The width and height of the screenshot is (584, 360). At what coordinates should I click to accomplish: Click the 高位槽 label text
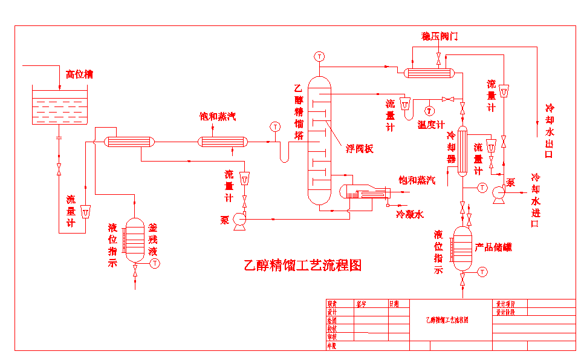click(x=79, y=74)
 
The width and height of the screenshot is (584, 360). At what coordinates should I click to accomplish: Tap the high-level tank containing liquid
click(x=59, y=106)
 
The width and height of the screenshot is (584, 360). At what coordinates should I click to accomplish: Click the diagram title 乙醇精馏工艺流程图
click(x=302, y=265)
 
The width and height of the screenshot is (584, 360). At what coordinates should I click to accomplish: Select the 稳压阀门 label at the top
click(x=439, y=36)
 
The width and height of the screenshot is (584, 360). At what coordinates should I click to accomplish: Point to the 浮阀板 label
click(x=359, y=148)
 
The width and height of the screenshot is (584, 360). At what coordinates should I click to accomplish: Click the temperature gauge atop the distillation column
click(x=319, y=56)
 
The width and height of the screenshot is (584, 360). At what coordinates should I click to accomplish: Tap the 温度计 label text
click(x=431, y=125)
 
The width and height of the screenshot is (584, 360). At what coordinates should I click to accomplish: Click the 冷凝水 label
click(x=410, y=214)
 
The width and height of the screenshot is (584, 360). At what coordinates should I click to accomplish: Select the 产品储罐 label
click(x=493, y=247)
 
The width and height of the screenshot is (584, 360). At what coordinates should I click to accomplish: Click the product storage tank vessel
click(x=462, y=250)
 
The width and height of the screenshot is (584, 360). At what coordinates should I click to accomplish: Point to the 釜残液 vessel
click(x=135, y=240)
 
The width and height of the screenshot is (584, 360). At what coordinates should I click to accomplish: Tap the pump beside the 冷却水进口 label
click(x=499, y=192)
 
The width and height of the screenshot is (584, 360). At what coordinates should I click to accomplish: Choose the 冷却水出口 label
click(x=549, y=131)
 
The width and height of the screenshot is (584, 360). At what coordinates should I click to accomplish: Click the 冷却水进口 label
click(x=535, y=200)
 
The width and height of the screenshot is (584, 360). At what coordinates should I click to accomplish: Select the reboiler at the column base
click(x=363, y=193)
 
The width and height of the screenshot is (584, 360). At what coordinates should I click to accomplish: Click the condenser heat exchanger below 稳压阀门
click(x=429, y=73)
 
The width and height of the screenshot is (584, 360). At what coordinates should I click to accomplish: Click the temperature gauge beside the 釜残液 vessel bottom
click(x=155, y=263)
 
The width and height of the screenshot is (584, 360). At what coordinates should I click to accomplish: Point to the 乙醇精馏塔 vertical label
click(x=299, y=113)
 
